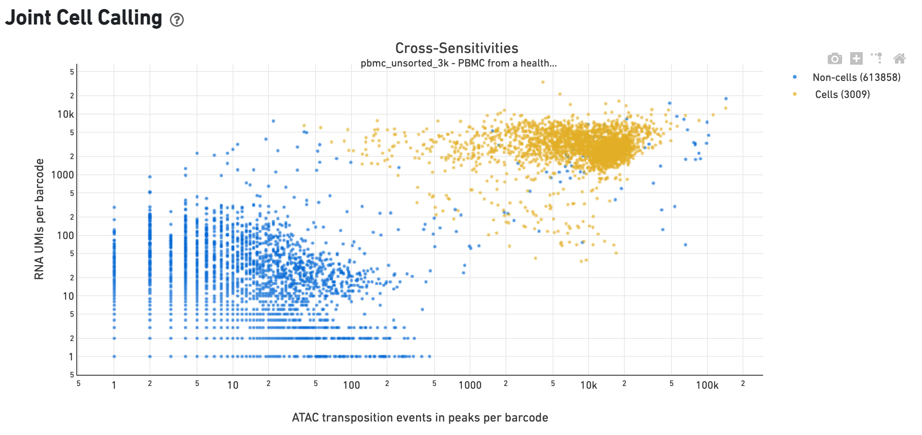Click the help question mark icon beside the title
177,20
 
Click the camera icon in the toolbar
834,58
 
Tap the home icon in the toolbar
899,58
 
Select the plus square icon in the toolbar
856,58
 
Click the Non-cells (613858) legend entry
856,77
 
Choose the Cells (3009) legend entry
842,94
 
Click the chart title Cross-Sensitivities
457,48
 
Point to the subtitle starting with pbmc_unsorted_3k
458,63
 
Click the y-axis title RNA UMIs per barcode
40,219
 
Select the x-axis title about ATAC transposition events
420,417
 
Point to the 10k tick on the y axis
66,115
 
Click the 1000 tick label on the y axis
63,175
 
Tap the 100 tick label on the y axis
66,235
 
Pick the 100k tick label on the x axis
707,385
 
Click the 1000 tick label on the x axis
470,385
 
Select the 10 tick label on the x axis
233,385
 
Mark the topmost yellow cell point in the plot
543,82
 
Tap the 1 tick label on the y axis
71,357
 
